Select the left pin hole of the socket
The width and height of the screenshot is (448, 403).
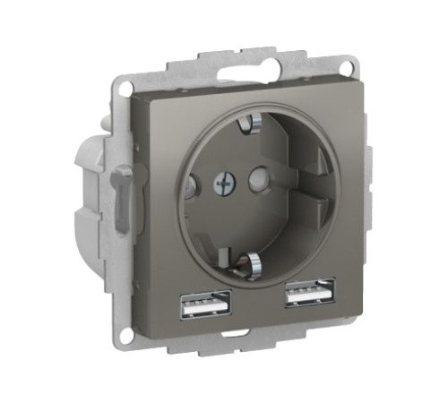click(189, 188)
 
